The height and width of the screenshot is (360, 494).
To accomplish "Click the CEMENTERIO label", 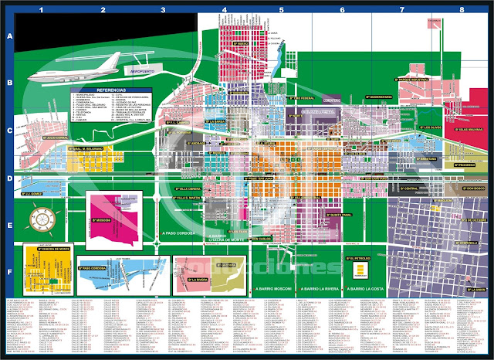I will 330,100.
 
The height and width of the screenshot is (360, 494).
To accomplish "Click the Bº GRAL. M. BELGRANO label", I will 86,148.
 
